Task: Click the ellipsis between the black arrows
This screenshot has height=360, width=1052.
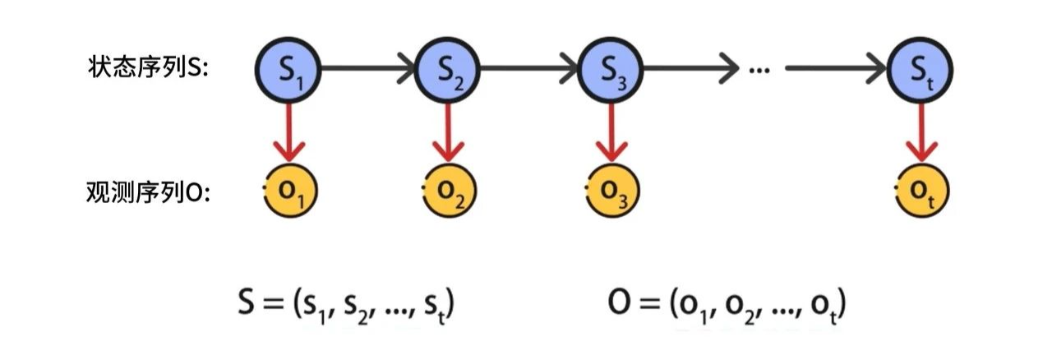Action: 759,70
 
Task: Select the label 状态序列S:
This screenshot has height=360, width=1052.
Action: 148,67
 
